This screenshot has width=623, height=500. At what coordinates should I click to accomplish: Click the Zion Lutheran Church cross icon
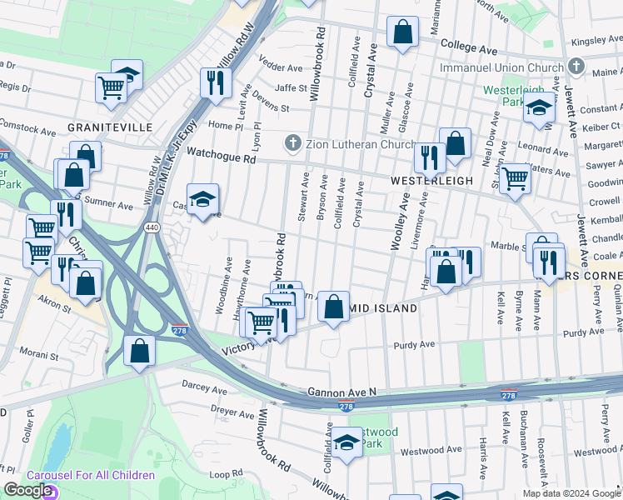(x=292, y=143)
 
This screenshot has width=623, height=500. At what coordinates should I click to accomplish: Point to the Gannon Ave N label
(x=342, y=391)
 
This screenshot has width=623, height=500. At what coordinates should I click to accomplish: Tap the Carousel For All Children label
(x=91, y=475)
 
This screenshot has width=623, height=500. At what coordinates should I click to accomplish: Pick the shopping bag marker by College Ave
(x=402, y=33)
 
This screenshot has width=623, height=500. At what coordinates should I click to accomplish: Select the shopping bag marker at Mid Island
(x=333, y=307)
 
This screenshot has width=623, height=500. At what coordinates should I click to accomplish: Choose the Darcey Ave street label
(x=205, y=390)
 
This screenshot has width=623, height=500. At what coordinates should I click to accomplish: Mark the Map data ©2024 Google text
(x=571, y=493)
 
